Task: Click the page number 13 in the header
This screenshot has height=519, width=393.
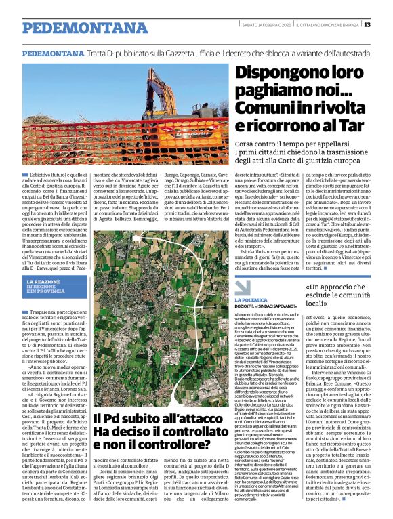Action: click(386, 25)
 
